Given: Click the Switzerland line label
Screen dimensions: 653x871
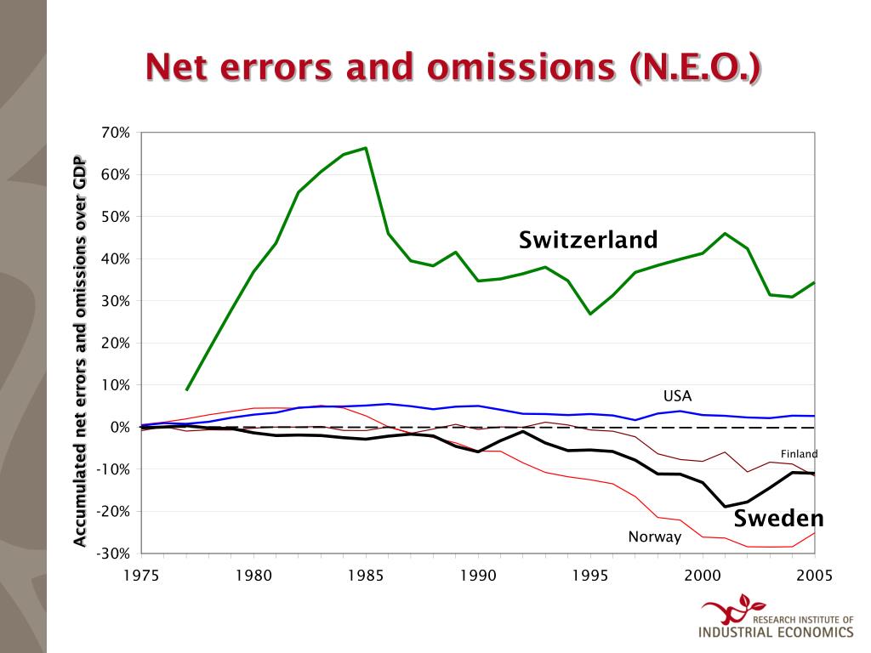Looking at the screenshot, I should (589, 240).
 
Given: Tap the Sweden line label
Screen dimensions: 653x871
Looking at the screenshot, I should (779, 518).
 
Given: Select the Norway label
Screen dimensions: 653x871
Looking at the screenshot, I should (655, 537).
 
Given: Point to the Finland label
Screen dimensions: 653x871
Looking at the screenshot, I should (799, 454).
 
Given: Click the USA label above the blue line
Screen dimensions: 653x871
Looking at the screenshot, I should (678, 395).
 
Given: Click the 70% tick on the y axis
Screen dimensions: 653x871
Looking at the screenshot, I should (115, 133).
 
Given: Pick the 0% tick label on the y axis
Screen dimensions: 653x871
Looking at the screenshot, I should (118, 427).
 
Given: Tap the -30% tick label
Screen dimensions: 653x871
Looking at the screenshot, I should (112, 554).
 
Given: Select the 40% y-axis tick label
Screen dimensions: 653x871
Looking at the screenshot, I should (115, 258).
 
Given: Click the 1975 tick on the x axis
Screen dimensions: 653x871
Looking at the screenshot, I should (141, 575).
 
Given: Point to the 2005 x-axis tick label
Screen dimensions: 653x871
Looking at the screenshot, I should (815, 575).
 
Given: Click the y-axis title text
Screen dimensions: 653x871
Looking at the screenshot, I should (80, 351).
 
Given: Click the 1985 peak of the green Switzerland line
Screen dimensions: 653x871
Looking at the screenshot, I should (366, 148).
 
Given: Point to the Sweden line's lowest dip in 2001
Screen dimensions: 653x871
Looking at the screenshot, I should (726, 507).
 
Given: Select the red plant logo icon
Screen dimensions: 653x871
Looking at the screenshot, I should (726, 609).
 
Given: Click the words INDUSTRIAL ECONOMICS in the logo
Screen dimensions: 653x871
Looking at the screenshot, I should (775, 633).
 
